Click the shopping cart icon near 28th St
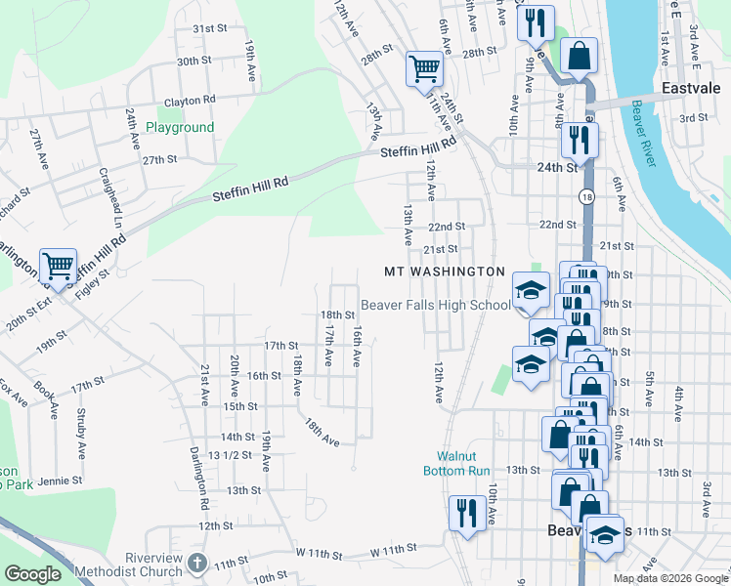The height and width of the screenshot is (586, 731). [425, 68]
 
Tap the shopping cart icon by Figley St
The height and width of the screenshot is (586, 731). [58, 266]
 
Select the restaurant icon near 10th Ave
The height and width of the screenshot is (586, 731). [466, 512]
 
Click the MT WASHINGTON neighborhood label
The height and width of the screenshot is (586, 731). [444, 272]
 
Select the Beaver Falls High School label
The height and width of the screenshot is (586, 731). [436, 305]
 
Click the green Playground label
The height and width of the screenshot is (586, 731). [180, 127]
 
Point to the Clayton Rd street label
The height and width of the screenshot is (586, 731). [190, 100]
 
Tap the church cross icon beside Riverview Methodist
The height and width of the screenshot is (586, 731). [196, 563]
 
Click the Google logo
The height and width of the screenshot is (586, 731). [32, 573]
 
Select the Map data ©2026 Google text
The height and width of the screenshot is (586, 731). [670, 578]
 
